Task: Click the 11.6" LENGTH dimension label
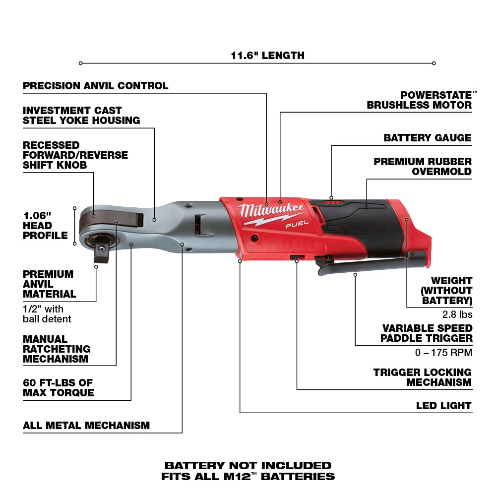coord(267,56)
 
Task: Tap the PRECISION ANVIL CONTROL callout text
coord(95,86)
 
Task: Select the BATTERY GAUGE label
coord(427,138)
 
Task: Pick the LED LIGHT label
coord(443,406)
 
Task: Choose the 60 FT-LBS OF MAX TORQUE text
coord(58,388)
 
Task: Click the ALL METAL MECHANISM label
coord(86,426)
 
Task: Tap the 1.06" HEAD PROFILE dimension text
coord(45,225)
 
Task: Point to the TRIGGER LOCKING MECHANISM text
coord(423,377)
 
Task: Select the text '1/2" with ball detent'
coord(47,314)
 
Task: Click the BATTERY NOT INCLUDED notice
coord(248,466)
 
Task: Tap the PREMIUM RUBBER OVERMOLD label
coord(423,167)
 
